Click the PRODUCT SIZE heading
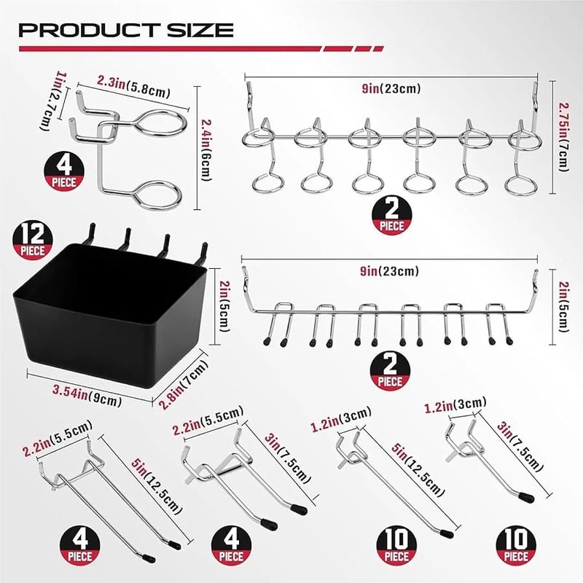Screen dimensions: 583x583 click(x=125, y=30)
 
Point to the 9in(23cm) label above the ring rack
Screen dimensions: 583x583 click(x=391, y=89)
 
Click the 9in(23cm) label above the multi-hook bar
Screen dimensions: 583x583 click(x=391, y=271)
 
